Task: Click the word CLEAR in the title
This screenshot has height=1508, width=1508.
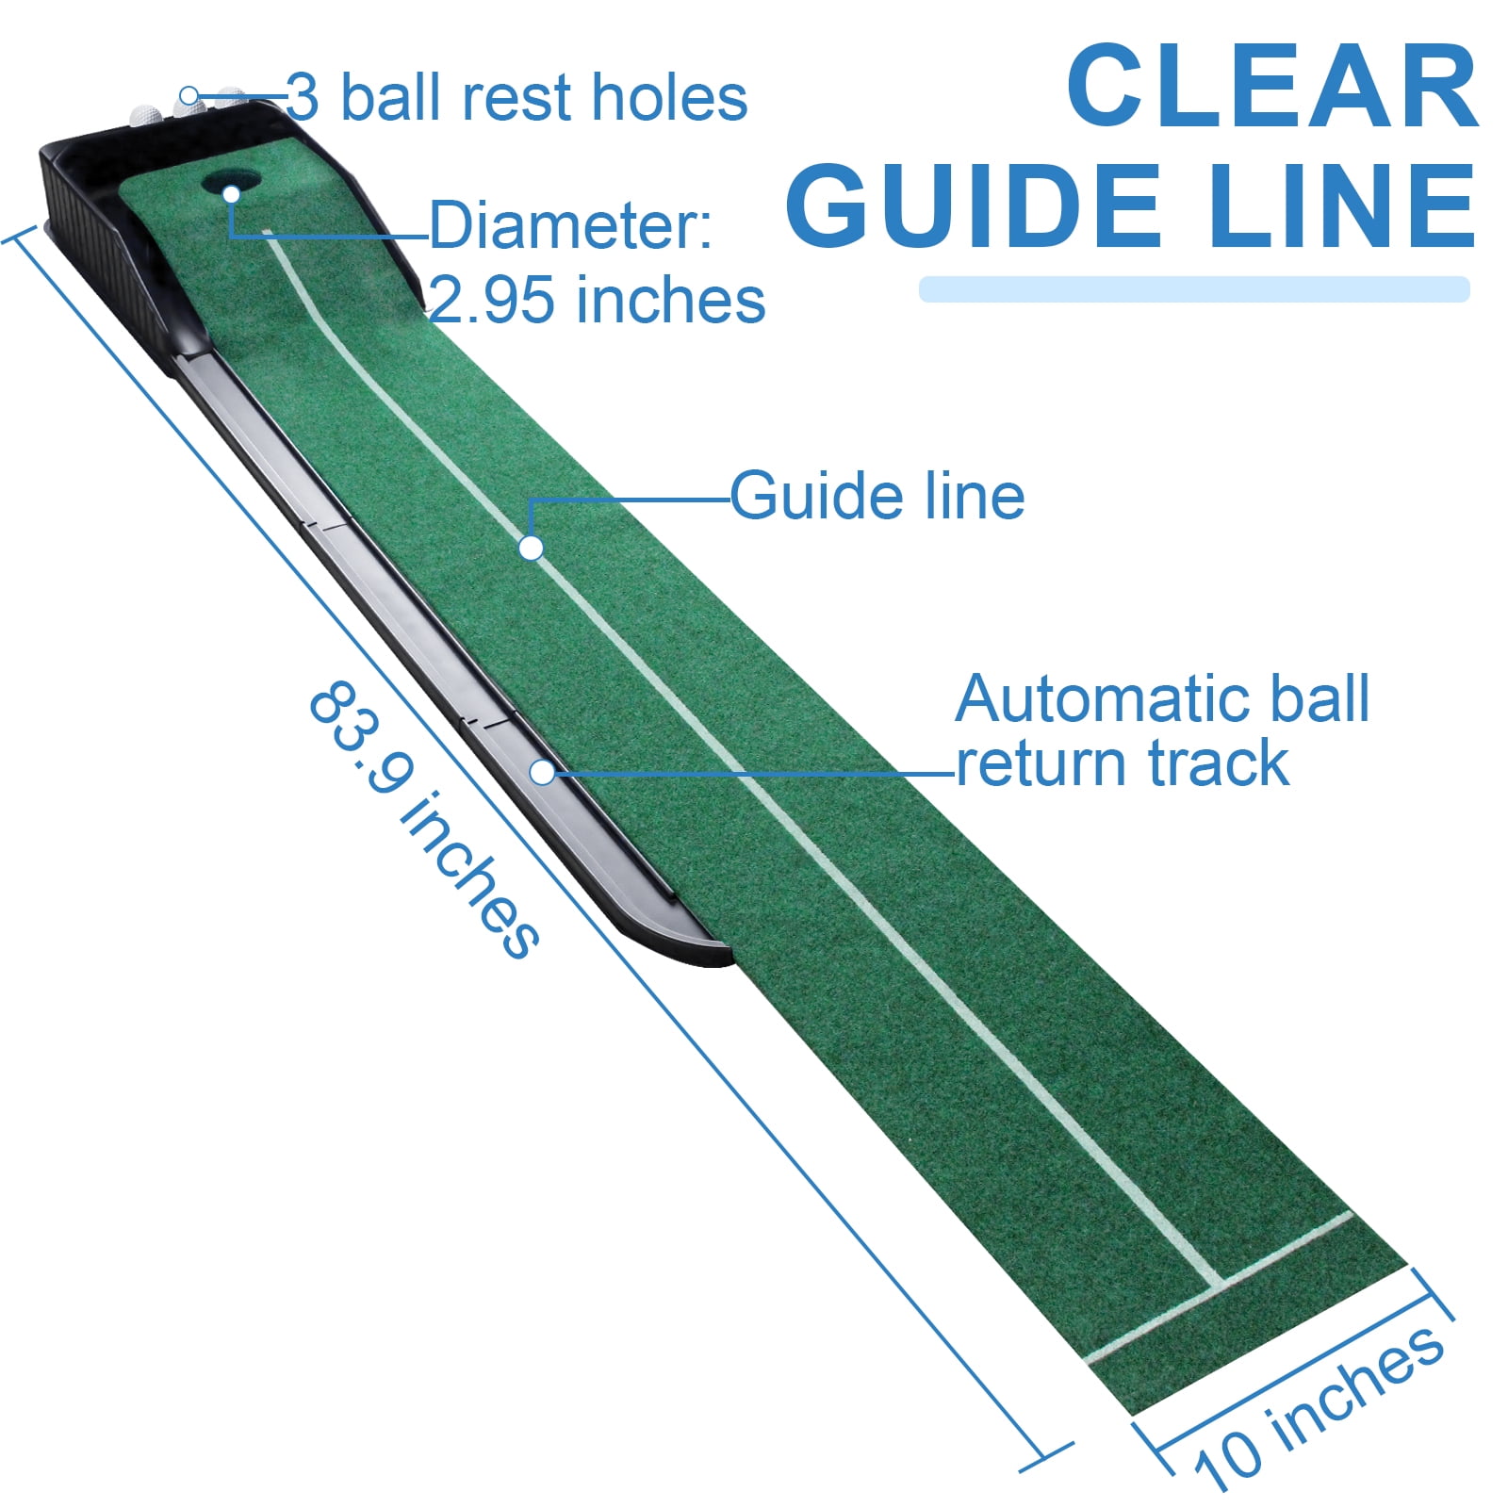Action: click(x=1272, y=87)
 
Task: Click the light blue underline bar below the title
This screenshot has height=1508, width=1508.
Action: click(x=1193, y=289)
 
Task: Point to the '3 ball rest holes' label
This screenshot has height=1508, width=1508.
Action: click(x=516, y=97)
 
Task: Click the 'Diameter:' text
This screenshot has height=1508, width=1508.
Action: click(x=571, y=226)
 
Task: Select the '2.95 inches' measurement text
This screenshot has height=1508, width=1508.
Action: click(x=598, y=301)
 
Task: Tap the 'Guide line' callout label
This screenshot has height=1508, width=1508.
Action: click(x=877, y=497)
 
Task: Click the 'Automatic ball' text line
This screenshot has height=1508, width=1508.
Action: click(x=1162, y=699)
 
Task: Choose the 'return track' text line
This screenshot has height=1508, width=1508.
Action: click(x=1122, y=762)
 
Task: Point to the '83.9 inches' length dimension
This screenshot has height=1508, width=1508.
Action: click(x=424, y=820)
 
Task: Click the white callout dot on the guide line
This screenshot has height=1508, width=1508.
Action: click(x=531, y=548)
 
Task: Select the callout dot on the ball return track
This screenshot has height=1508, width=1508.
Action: click(x=542, y=772)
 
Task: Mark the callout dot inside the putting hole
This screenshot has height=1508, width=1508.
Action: click(x=232, y=193)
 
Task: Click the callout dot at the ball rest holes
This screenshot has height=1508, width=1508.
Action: click(x=189, y=95)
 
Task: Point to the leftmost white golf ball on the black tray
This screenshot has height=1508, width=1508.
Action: click(x=146, y=113)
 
